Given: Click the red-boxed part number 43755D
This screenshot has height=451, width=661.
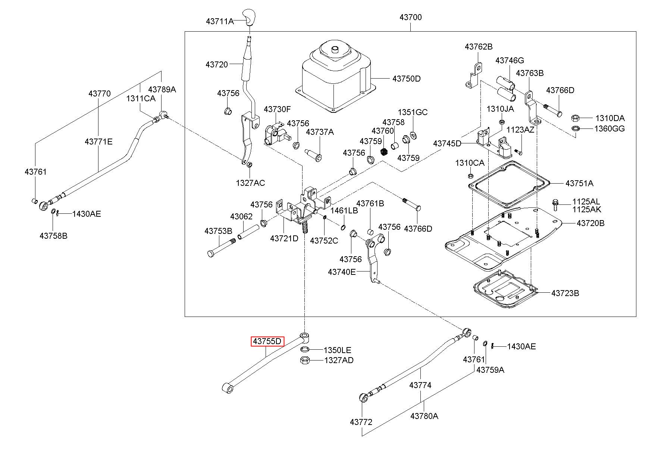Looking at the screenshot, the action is tap(267, 341).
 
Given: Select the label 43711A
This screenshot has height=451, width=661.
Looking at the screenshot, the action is tap(220, 21).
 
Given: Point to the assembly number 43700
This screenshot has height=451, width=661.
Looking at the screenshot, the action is tap(410, 17).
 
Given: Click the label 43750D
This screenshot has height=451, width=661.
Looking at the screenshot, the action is tap(406, 79).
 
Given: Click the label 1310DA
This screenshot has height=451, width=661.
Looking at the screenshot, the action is tap(610, 118).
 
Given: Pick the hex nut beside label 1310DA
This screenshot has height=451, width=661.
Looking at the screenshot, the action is tap(576, 118).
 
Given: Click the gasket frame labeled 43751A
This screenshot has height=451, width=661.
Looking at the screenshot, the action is tap(510, 184).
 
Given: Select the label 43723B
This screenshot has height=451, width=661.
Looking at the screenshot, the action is tap(565, 293).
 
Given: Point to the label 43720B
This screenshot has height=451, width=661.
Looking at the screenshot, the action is tap(590, 223).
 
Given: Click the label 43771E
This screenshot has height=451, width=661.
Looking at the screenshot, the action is tap(98, 142).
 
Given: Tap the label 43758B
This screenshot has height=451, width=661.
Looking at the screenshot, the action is tap(54, 236).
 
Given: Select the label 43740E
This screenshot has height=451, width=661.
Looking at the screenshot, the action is tap(342, 272).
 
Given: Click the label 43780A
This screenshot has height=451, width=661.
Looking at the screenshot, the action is tap(425, 416).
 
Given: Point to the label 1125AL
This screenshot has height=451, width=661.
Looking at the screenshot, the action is tap(586, 202).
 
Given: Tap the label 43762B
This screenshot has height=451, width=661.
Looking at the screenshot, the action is tap(479, 47).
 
